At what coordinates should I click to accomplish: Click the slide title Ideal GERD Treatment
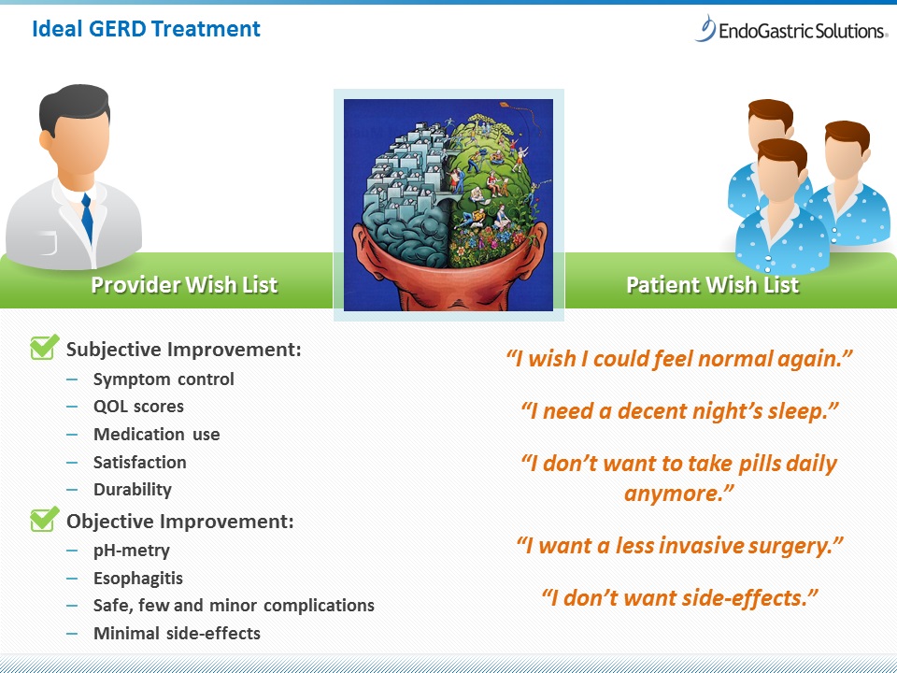(146, 29)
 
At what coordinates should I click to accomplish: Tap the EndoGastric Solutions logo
(791, 29)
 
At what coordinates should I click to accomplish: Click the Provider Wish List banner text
(184, 284)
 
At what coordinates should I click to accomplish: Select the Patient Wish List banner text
(712, 284)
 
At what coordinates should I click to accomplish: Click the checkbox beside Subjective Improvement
(44, 347)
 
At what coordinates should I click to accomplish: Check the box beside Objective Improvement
(44, 519)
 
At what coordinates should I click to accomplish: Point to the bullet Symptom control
(164, 379)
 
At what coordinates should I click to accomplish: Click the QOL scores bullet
(138, 407)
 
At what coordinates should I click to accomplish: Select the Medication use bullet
(157, 434)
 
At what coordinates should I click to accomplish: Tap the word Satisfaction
(139, 462)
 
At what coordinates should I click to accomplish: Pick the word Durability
(132, 489)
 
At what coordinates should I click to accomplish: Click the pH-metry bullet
(132, 551)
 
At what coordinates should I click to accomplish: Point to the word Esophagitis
(138, 578)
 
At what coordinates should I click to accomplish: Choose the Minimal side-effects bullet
(177, 633)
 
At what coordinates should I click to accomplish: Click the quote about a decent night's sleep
(679, 411)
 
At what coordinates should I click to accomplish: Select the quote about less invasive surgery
(679, 545)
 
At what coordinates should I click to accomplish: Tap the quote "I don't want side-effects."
(679, 598)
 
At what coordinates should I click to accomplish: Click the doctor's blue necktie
(87, 218)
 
